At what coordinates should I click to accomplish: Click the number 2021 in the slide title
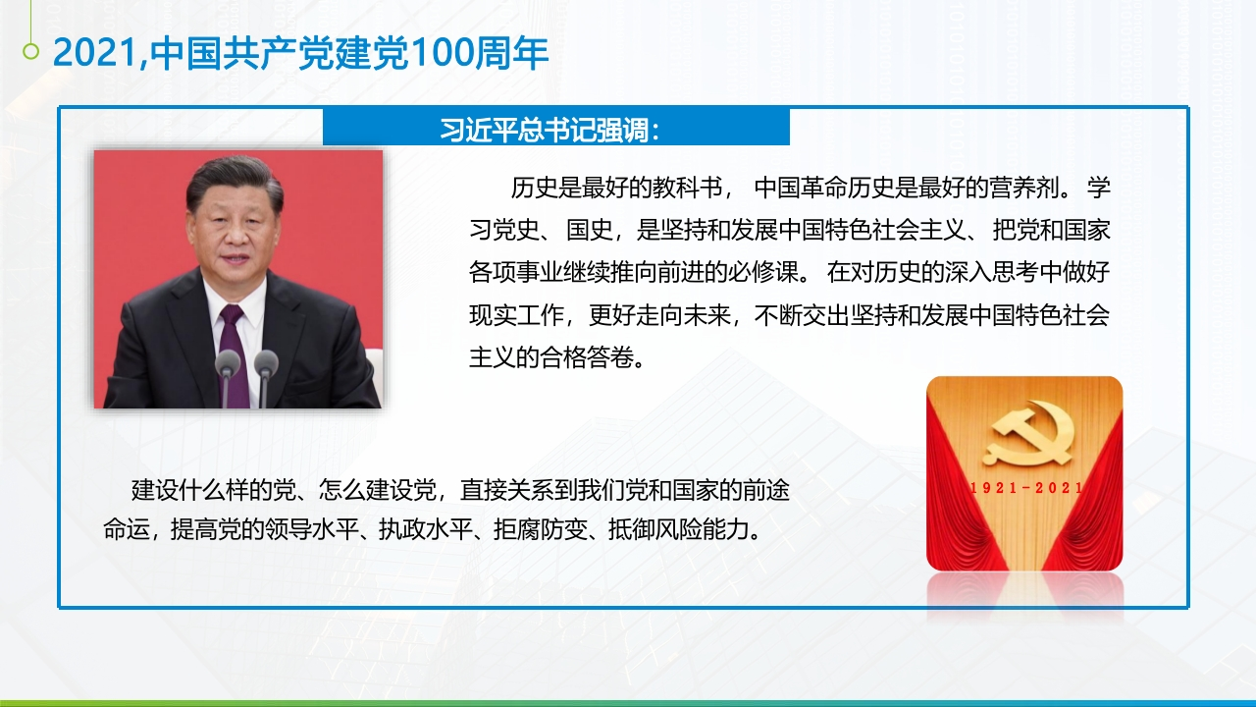click(x=95, y=53)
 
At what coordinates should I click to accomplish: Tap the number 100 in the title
click(x=443, y=53)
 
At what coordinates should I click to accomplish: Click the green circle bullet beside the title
click(x=30, y=52)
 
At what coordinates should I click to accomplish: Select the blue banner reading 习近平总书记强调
click(x=556, y=128)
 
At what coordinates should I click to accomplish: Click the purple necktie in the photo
click(x=235, y=353)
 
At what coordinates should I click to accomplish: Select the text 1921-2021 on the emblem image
click(x=1025, y=488)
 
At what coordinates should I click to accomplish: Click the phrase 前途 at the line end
click(x=766, y=490)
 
